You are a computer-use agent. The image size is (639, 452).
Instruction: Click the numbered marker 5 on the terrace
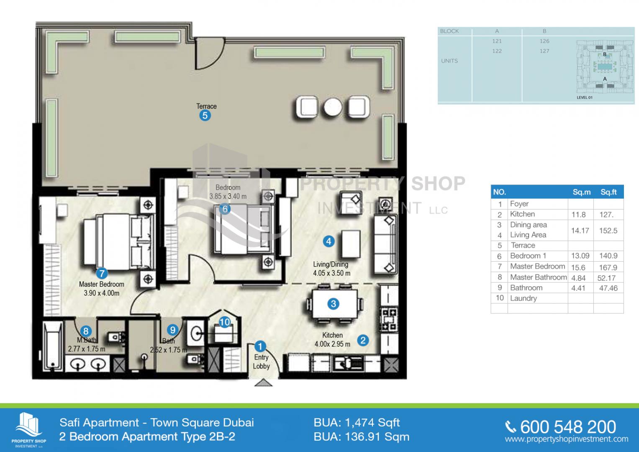205,116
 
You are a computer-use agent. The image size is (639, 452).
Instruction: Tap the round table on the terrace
333,107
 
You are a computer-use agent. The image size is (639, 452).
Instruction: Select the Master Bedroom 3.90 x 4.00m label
102,288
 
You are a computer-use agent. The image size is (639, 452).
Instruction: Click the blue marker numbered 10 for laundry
224,322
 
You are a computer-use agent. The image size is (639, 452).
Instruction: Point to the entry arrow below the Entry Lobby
263,383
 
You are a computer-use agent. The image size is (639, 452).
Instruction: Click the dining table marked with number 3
334,303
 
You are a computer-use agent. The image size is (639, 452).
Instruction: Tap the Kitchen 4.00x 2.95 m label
332,339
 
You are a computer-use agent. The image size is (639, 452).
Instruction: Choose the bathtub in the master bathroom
52,346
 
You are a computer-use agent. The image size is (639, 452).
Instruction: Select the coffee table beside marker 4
351,244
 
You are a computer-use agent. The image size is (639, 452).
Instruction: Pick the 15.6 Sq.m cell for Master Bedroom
578,267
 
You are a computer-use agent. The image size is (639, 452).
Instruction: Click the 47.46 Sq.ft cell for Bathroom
608,288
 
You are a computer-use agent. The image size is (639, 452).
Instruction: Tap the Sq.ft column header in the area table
608,192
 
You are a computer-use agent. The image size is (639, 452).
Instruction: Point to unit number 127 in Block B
544,51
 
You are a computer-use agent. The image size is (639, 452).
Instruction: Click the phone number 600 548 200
568,427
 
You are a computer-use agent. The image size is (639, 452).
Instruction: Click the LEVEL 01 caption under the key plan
585,98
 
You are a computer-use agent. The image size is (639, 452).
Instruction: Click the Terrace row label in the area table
523,245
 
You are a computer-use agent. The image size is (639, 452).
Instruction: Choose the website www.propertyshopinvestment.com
567,439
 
